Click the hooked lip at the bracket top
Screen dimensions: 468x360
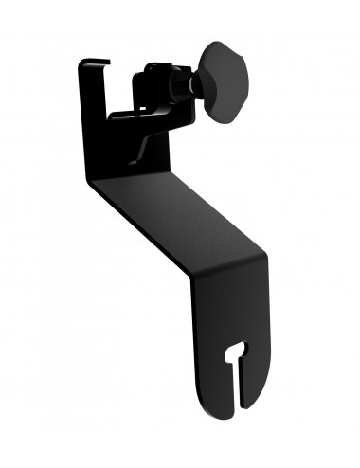point(94,64)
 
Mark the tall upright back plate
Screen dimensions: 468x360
point(96,123)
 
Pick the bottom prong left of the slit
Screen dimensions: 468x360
point(220,398)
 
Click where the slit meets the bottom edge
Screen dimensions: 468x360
point(236,410)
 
